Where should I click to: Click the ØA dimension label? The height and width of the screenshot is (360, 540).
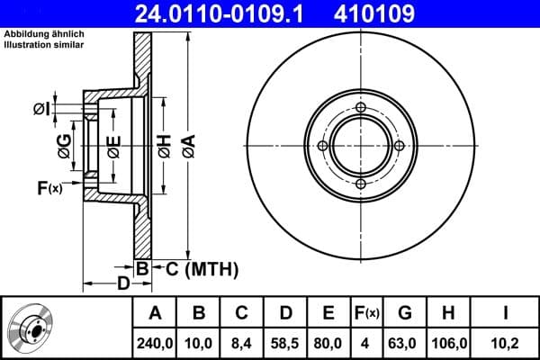187,146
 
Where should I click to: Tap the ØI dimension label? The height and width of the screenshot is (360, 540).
41,109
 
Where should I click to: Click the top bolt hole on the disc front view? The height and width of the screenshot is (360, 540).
361,110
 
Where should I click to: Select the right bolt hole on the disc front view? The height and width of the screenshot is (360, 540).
399,146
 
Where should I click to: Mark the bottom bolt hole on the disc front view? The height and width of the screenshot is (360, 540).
361,184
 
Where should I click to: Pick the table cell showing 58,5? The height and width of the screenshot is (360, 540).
285,342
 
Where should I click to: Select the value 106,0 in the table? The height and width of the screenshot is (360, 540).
447,342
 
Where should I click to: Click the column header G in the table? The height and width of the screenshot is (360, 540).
404,312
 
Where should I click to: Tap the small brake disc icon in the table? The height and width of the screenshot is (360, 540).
32,328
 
